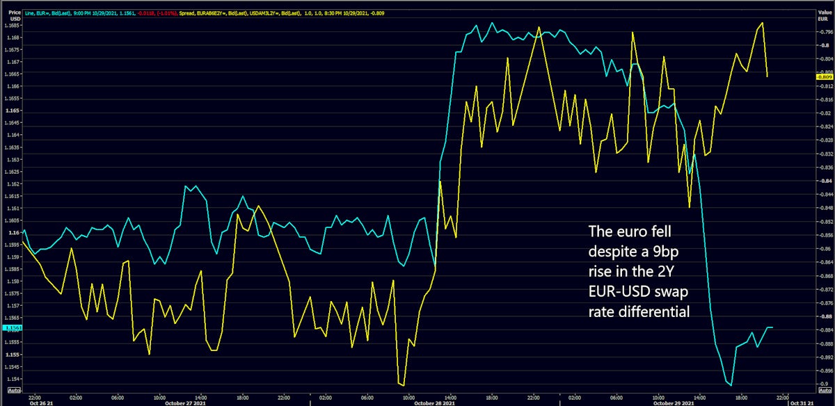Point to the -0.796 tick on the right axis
[825, 32]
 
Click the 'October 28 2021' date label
[434, 403]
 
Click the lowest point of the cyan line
[731, 384]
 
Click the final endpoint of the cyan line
[772, 327]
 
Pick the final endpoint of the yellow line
[767, 76]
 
